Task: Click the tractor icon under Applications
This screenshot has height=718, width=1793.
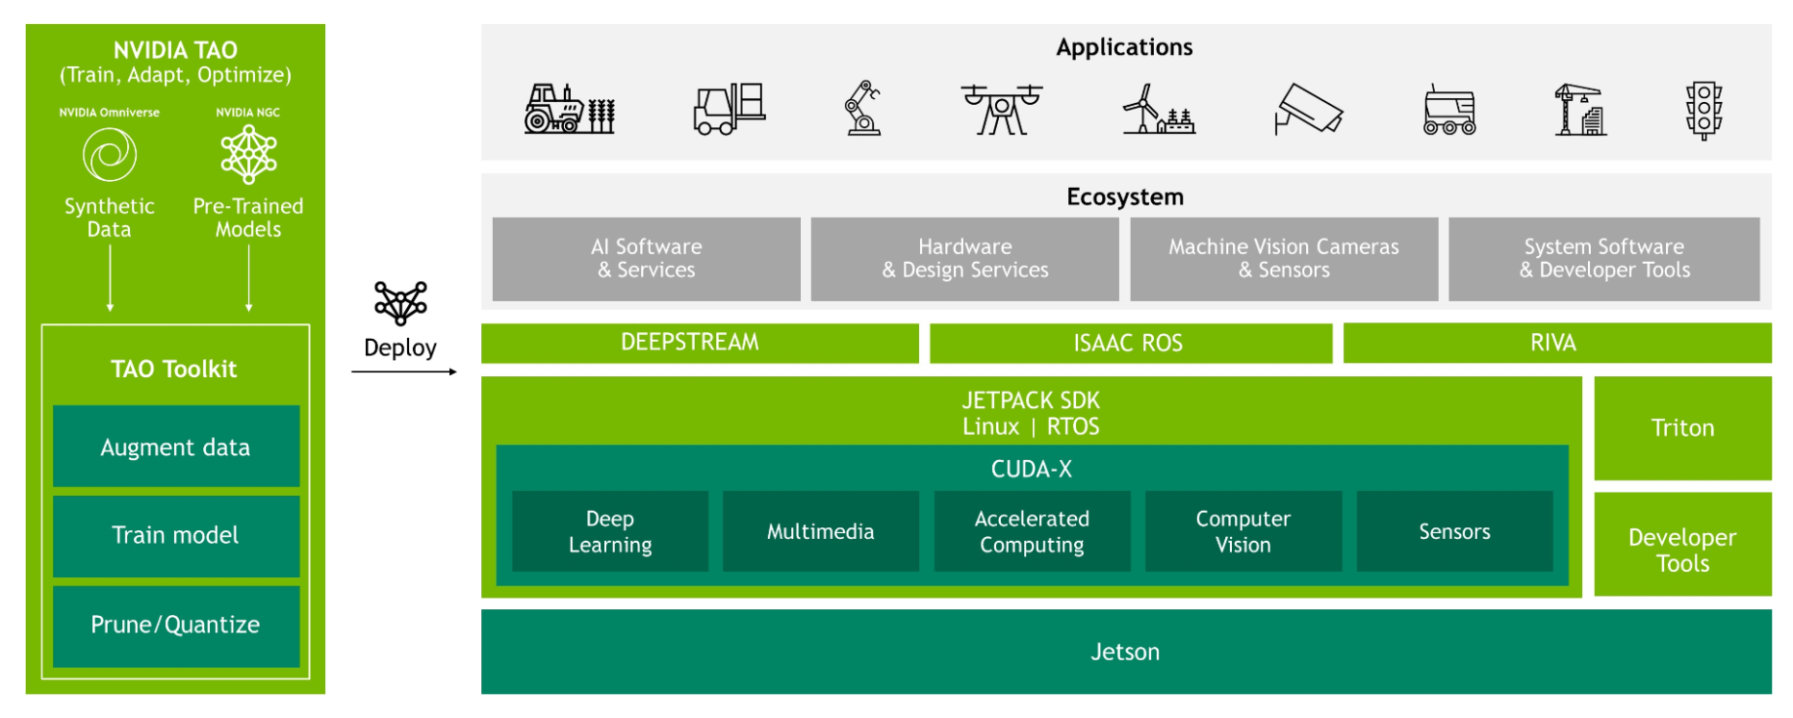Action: pos(569,109)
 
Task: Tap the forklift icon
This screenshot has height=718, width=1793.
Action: pos(729,109)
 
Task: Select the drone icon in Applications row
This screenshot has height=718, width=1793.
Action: pos(1001,109)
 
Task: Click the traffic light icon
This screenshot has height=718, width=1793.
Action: pos(1703,110)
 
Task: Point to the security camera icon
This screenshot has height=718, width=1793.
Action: pos(1308,109)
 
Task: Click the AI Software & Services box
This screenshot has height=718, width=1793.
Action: pos(646,259)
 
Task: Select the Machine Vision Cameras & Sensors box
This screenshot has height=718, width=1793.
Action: pos(1283,259)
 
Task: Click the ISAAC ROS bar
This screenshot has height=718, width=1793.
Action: pos(1130,343)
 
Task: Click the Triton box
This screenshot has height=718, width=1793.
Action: pos(1681,428)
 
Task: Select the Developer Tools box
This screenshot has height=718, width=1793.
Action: pos(1681,550)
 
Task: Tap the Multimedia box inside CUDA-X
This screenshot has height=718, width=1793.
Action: pos(820,531)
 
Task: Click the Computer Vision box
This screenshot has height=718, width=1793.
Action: pos(1242,531)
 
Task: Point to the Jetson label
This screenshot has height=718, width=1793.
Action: pos(1124,652)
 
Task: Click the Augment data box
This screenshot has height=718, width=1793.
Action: pos(176,447)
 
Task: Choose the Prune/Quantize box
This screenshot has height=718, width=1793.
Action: pos(176,626)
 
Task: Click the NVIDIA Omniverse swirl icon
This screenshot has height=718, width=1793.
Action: pos(109,155)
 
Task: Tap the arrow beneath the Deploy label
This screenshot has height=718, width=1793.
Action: pos(403,372)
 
